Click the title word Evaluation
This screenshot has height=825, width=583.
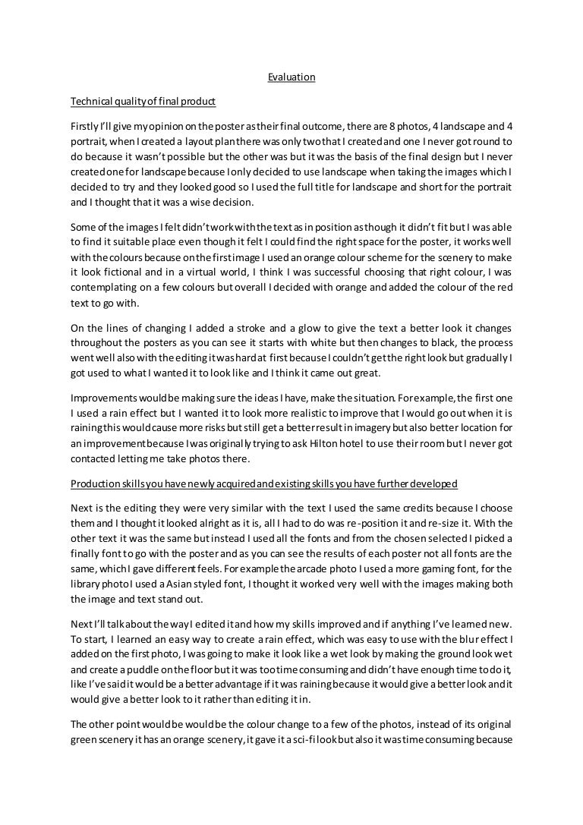pyautogui.click(x=291, y=77)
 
